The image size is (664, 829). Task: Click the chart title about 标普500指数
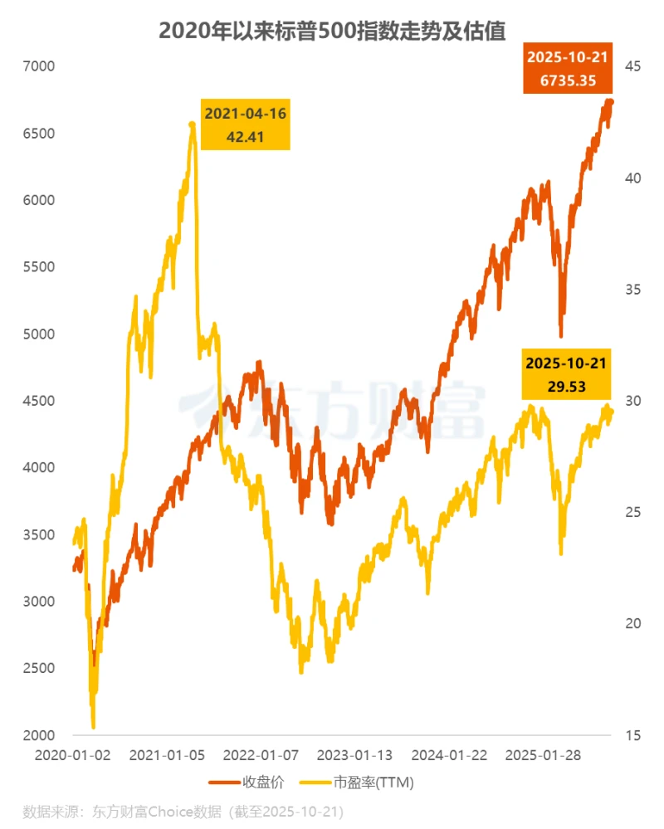tap(332, 31)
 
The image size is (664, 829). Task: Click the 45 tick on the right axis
tap(632, 66)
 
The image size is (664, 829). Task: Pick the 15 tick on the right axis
tap(632, 735)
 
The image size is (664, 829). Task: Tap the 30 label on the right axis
tap(632, 401)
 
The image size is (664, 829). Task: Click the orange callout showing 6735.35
tap(566, 69)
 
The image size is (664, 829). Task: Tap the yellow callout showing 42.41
tap(246, 125)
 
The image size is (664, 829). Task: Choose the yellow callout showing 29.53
tap(566, 374)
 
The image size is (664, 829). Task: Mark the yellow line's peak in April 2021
tap(193, 124)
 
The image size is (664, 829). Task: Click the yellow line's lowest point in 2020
tap(93, 727)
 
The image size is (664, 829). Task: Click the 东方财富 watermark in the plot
tap(332, 407)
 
